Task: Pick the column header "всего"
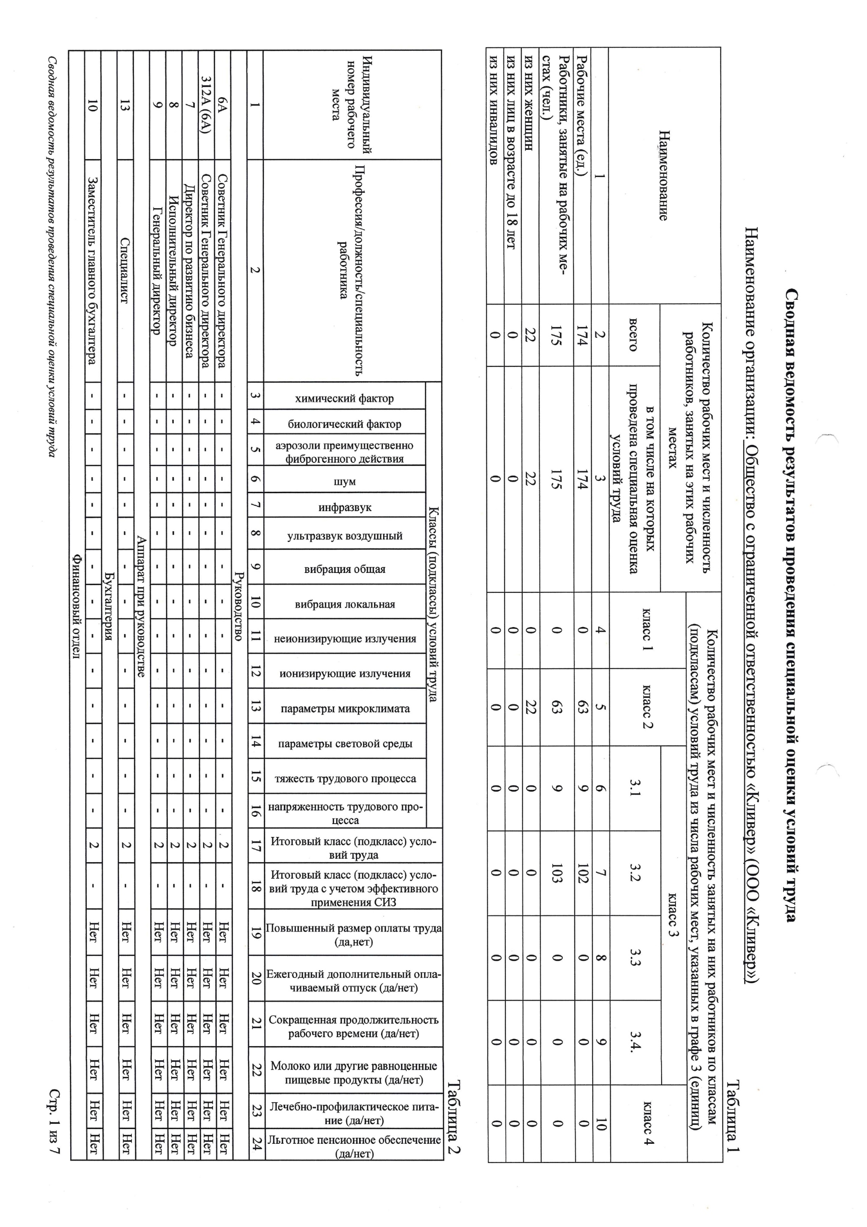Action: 633,335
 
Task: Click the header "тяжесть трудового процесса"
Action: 345,778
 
